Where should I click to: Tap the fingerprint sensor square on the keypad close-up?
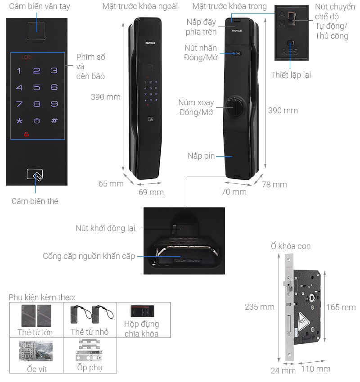[36, 31]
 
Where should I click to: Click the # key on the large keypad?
[54, 120]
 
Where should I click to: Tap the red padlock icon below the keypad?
[27, 134]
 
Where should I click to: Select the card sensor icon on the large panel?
[35, 175]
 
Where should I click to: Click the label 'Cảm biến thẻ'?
[35, 201]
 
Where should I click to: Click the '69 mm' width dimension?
[151, 192]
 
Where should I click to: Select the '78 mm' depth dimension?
[274, 185]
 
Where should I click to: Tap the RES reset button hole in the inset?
[290, 43]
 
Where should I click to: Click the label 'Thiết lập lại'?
[291, 75]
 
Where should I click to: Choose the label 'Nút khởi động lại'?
[105, 228]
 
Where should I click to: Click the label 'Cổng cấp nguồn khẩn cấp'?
[89, 256]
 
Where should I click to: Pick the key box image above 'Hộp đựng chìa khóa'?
[142, 311]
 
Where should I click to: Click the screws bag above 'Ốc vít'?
[36, 351]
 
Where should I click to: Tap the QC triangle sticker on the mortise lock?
[303, 322]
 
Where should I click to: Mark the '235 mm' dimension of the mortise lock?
[260, 307]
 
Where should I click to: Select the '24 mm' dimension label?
[283, 371]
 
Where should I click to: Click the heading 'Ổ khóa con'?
[291, 246]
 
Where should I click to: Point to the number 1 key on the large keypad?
[19, 71]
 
